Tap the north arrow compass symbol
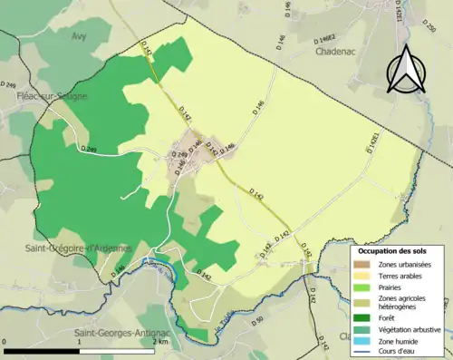pyautogui.click(x=404, y=69)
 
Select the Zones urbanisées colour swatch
pyautogui.click(x=362, y=264)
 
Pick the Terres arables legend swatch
pyautogui.click(x=362, y=277)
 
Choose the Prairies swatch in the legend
pyautogui.click(x=362, y=289)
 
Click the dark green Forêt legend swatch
pyautogui.click(x=362, y=317)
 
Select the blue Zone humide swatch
pyautogui.click(x=362, y=341)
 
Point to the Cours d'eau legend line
pyautogui.click(x=362, y=352)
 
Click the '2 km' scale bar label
pyautogui.click(x=159, y=343)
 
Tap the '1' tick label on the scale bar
pyautogui.click(x=80, y=343)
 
